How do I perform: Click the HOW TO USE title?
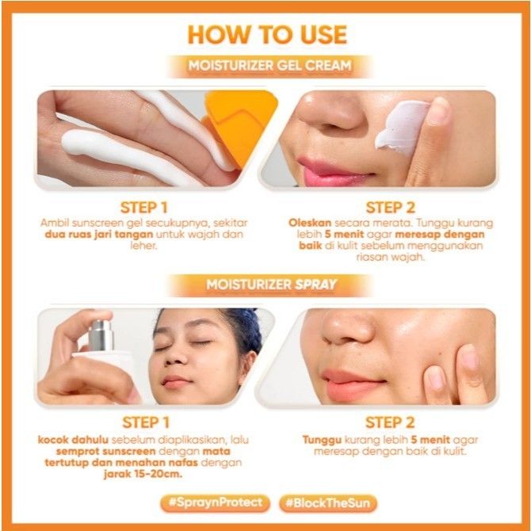pyautogui.click(x=267, y=35)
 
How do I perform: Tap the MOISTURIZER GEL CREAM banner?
pyautogui.click(x=270, y=66)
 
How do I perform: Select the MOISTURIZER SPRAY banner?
pyautogui.click(x=271, y=285)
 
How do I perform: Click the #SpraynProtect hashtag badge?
pyautogui.click(x=216, y=502)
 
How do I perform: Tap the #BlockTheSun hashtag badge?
pyautogui.click(x=328, y=503)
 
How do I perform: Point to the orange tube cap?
pyautogui.click(x=239, y=126)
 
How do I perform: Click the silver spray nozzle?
pyautogui.click(x=101, y=335)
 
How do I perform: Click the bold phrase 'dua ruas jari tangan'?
pyautogui.click(x=99, y=235)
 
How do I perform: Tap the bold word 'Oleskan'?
pyautogui.click(x=310, y=223)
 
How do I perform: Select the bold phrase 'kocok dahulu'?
pyautogui.click(x=73, y=440)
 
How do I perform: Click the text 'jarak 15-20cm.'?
pyautogui.click(x=143, y=474)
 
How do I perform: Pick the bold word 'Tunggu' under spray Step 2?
pyautogui.click(x=322, y=440)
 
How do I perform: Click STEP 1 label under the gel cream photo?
pyautogui.click(x=144, y=208)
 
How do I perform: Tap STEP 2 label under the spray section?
pyautogui.click(x=390, y=422)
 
